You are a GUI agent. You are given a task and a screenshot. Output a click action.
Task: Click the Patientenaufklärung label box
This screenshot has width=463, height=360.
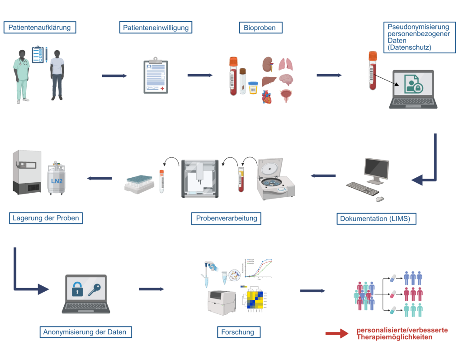[40, 28]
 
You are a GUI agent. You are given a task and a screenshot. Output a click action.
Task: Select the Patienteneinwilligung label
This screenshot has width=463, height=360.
[156, 28]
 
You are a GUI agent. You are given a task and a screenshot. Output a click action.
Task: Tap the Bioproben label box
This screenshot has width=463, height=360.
[260, 28]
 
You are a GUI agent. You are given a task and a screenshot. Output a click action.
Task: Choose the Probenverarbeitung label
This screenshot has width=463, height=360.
[227, 218]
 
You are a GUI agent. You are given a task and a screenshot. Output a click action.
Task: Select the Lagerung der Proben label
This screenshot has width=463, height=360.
[46, 218]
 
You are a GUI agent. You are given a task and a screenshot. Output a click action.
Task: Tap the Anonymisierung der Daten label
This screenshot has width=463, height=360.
[85, 332]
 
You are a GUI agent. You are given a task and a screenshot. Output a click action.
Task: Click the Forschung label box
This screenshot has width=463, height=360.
[238, 332]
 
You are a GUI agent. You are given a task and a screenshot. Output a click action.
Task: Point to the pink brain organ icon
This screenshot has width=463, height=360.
[287, 81]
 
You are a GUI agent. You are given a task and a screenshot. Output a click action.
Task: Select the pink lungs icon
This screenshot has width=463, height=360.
[285, 64]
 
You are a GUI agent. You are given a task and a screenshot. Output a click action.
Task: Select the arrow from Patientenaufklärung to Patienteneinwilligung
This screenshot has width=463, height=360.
[114, 76]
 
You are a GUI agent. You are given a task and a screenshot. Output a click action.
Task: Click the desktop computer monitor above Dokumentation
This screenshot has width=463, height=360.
[376, 170]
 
